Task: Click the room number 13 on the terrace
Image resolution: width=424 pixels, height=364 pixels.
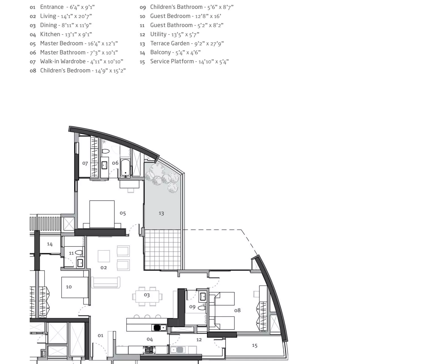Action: coord(161,213)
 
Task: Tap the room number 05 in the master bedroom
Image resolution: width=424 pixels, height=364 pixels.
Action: coord(123,213)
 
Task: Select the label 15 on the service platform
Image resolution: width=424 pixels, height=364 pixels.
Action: coord(254,346)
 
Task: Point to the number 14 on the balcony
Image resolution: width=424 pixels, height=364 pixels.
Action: coord(50,244)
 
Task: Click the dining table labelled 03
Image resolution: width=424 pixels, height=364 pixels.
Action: coord(147,296)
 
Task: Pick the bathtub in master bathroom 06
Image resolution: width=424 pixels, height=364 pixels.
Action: coord(125,168)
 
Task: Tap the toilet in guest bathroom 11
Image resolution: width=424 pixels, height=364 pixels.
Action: coord(79,252)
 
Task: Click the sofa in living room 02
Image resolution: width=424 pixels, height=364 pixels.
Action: coord(106,283)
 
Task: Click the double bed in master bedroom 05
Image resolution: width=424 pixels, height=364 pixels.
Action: coord(102,214)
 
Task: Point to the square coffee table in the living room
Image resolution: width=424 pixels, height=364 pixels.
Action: coord(104,256)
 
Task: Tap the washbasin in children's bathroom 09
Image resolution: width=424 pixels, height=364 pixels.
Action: coord(203,296)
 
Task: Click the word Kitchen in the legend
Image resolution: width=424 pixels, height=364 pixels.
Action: coord(50,34)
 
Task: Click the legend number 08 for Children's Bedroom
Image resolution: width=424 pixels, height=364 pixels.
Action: coord(33,71)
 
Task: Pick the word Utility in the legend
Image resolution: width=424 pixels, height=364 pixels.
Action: coord(158,34)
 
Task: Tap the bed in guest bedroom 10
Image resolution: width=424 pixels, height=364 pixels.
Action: coord(75,287)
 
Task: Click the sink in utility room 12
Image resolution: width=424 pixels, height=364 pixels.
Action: coord(177,350)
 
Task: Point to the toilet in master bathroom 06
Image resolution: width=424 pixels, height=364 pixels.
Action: coord(106,151)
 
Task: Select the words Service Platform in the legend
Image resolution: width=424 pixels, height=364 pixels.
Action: coord(172,61)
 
